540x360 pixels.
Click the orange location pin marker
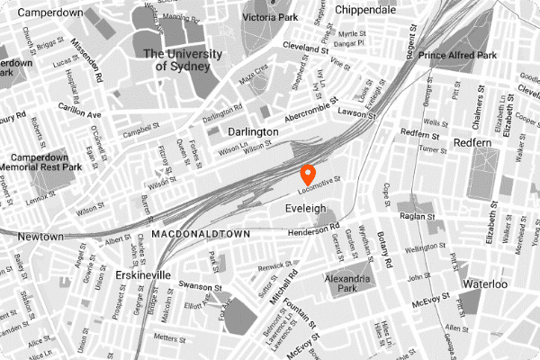point(307,174)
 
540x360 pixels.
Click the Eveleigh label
point(303,208)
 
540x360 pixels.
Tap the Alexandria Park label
point(347,283)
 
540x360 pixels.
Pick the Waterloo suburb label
point(485,284)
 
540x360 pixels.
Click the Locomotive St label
point(320,184)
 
